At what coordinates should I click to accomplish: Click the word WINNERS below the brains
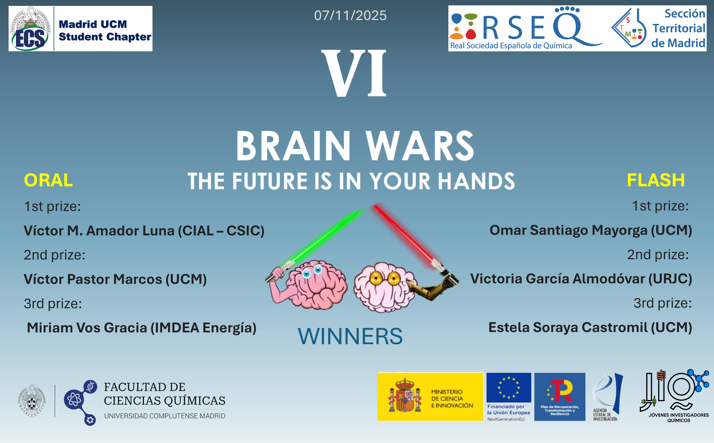click(x=350, y=336)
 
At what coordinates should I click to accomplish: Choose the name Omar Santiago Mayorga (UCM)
click(x=591, y=230)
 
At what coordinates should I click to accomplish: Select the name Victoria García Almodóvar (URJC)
click(x=581, y=279)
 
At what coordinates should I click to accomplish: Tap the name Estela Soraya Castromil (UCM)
click(x=590, y=327)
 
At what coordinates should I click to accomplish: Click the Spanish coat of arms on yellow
click(x=405, y=396)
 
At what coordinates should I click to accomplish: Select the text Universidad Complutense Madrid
click(x=165, y=416)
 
